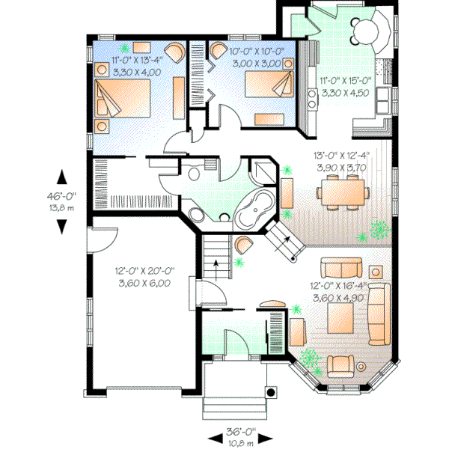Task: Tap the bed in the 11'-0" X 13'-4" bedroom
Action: pyautogui.click(x=125, y=100)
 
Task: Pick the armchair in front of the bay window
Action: pyautogui.click(x=340, y=365)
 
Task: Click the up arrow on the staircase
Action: pyautogui.click(x=216, y=264)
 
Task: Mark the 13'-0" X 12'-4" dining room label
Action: pyautogui.click(x=340, y=162)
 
